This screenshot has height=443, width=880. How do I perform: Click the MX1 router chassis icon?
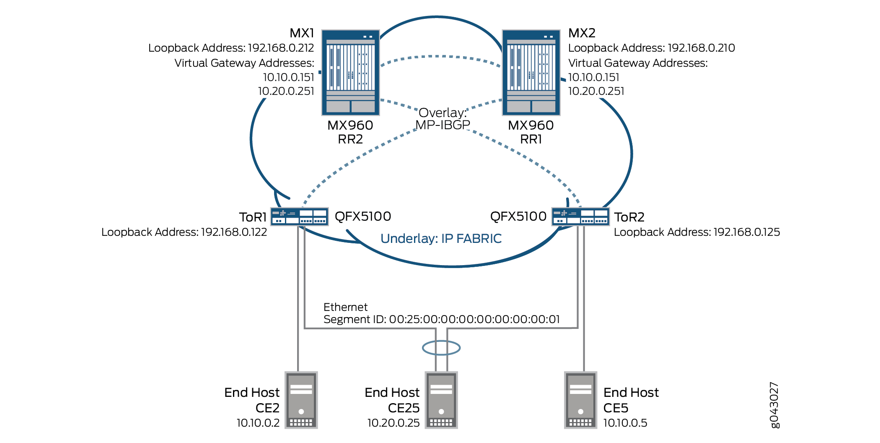tap(350, 72)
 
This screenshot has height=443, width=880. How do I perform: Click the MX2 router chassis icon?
tap(531, 72)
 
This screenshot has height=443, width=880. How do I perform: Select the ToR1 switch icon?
tap(299, 216)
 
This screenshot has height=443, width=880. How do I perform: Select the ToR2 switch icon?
tap(580, 216)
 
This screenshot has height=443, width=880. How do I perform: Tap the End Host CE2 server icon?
tap(301, 400)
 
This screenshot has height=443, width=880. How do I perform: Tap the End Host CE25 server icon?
tap(441, 400)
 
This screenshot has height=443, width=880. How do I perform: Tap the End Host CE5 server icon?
tap(580, 400)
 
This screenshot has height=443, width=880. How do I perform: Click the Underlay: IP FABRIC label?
tap(441, 239)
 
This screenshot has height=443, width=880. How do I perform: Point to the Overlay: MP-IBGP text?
tap(443, 119)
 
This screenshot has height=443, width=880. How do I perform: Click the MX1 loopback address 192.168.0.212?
tap(281, 48)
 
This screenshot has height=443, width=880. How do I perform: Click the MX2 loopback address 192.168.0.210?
tap(701, 48)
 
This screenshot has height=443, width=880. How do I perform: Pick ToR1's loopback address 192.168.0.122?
tap(234, 232)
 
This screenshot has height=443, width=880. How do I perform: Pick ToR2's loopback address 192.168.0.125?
tap(747, 232)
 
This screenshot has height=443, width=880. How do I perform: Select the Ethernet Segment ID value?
tap(474, 319)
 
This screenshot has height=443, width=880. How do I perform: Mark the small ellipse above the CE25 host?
tap(441, 348)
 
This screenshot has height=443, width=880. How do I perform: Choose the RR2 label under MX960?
tap(350, 139)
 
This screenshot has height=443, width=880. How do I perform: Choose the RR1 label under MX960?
tap(531, 139)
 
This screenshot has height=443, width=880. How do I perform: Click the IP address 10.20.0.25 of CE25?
tap(393, 423)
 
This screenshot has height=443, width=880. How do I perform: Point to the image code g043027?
tap(774, 405)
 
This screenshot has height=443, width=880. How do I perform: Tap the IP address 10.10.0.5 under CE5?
tap(625, 423)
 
